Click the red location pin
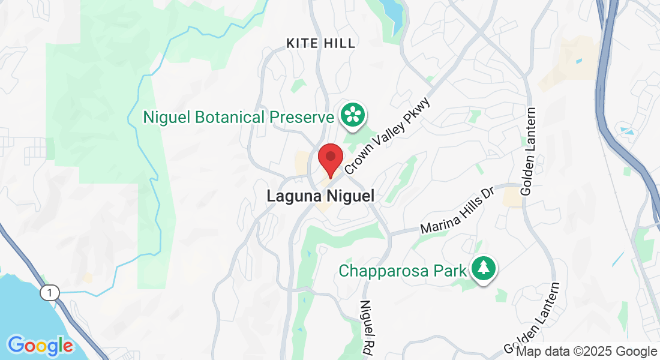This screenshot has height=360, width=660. click(330, 158)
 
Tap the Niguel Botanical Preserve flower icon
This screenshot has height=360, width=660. click(353, 114)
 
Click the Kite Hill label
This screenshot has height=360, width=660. click(321, 43)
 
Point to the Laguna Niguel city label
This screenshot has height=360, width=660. click(320, 196)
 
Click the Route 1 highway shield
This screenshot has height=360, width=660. click(50, 293)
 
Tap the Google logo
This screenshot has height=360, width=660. click(40, 346)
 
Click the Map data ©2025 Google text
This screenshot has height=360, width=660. click(587, 352)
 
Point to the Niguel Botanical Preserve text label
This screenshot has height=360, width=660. click(238, 117)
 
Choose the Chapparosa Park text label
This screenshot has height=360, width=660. click(403, 271)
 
